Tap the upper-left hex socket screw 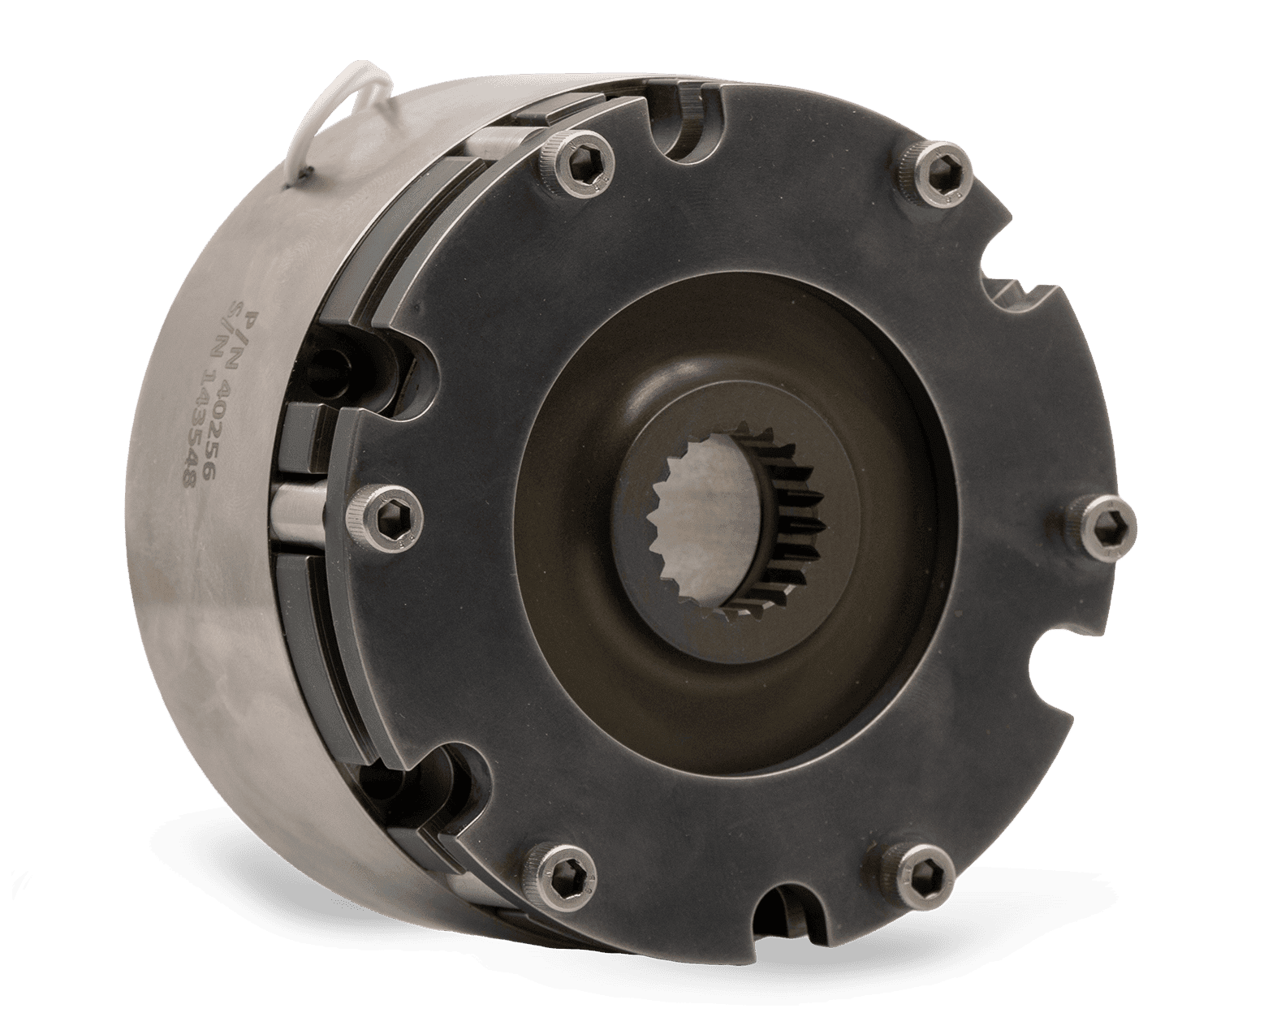(x=577, y=162)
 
